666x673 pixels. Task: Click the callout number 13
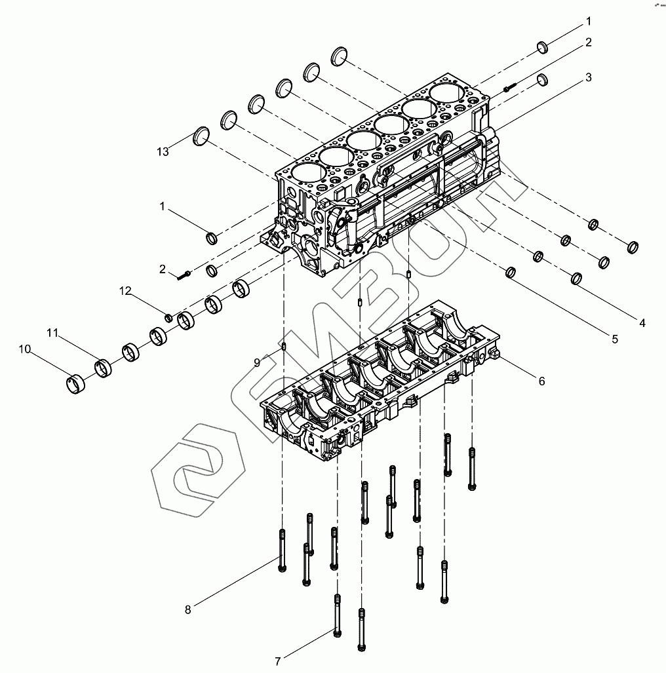click(163, 151)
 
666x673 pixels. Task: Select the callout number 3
click(588, 77)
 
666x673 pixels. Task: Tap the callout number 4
click(642, 322)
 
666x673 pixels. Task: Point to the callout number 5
click(614, 339)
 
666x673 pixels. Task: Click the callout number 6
click(541, 380)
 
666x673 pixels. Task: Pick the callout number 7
click(278, 661)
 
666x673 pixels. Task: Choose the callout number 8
click(187, 609)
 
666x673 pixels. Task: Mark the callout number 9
click(257, 362)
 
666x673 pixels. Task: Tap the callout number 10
click(24, 349)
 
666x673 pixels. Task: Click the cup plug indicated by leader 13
click(201, 136)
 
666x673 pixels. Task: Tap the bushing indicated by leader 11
click(104, 367)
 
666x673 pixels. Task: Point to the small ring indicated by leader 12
click(168, 318)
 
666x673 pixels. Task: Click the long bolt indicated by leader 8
click(282, 550)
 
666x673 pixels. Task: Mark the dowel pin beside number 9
click(283, 347)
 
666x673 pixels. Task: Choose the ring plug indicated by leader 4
click(577, 279)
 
